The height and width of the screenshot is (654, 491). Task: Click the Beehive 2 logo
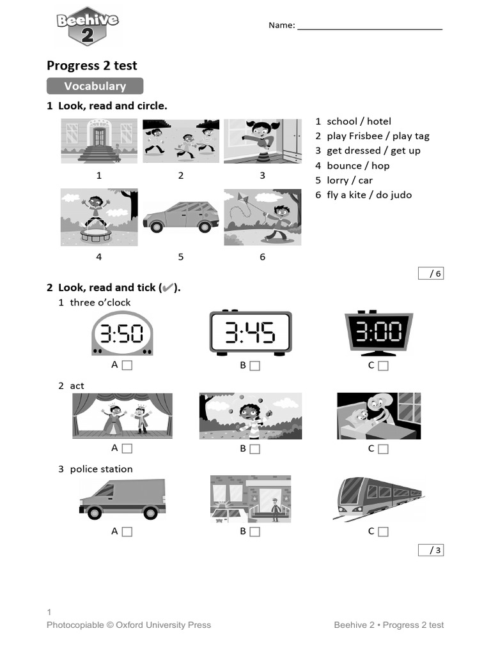(87, 26)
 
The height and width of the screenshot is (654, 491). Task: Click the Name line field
(370, 26)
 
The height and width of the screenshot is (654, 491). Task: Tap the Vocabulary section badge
(95, 86)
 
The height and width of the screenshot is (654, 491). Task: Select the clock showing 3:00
(378, 333)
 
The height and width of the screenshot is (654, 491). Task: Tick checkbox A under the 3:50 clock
(127, 365)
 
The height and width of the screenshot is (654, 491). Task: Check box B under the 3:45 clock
(254, 366)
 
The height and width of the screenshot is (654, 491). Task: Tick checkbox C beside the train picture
(383, 531)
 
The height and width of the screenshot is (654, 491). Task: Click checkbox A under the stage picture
(127, 449)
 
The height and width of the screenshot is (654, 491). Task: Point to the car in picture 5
(181, 217)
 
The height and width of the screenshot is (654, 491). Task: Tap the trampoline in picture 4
(95, 234)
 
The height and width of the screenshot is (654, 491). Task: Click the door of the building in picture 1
(99, 136)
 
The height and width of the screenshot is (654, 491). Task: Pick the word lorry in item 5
(338, 180)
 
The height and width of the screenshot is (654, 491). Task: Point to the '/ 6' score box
(430, 273)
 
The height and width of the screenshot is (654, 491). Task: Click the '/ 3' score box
(430, 550)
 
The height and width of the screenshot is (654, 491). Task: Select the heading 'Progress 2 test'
(92, 65)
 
